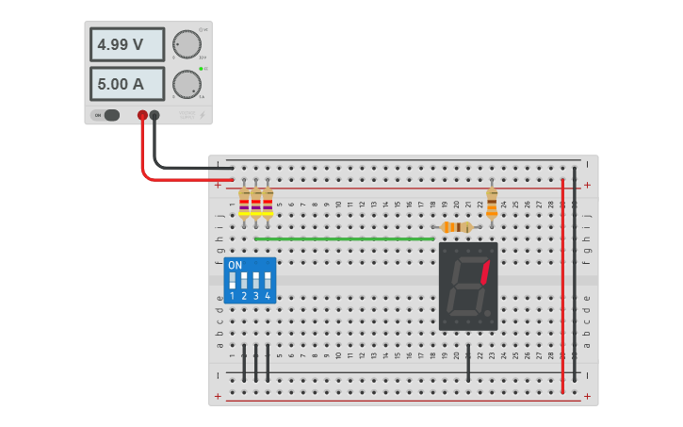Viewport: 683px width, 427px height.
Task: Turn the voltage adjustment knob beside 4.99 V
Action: pyautogui.click(x=187, y=44)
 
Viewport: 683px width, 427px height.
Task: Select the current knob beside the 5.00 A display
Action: pyautogui.click(x=187, y=84)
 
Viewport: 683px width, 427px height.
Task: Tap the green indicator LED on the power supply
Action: pyautogui.click(x=201, y=69)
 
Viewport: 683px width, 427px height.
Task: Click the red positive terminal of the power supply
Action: pyautogui.click(x=142, y=116)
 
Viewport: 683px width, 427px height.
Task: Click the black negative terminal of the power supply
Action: pyautogui.click(x=154, y=116)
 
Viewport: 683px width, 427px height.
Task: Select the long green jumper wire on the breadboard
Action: pyautogui.click(x=344, y=238)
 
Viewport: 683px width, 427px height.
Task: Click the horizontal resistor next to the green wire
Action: pyautogui.click(x=457, y=227)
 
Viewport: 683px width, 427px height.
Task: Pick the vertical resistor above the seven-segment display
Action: pyautogui.click(x=492, y=202)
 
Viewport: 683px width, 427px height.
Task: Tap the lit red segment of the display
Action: pyautogui.click(x=485, y=271)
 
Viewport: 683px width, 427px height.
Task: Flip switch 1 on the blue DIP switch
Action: pyautogui.click(x=232, y=281)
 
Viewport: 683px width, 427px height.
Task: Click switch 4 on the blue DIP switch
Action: pyautogui.click(x=268, y=281)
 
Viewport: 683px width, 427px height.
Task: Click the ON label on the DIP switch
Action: pyautogui.click(x=235, y=266)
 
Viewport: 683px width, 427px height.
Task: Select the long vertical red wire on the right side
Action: pyautogui.click(x=562, y=283)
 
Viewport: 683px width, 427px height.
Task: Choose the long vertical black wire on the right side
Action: pyautogui.click(x=575, y=273)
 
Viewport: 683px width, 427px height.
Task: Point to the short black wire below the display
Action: pyautogui.click(x=468, y=363)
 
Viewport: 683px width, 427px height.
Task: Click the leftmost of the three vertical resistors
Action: pyautogui.click(x=244, y=203)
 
